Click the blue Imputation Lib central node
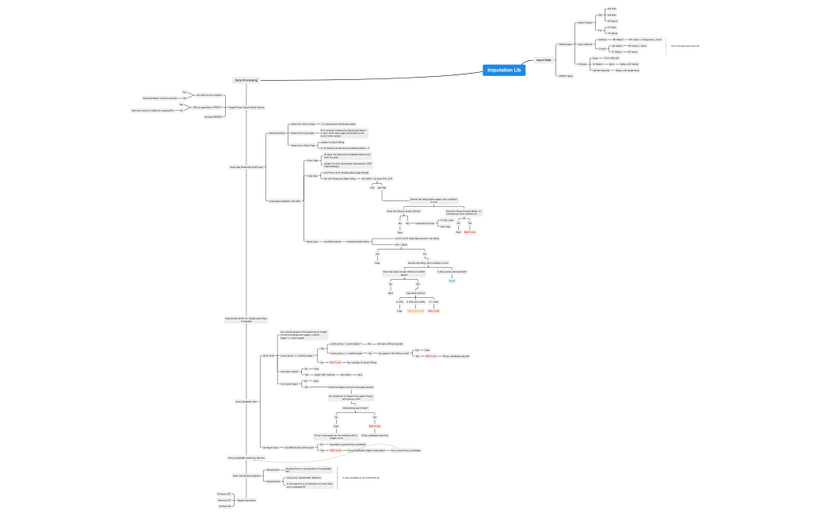click(x=504, y=71)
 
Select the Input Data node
click(x=544, y=60)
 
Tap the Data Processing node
click(x=243, y=80)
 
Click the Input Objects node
click(x=585, y=44)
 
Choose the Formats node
click(x=582, y=64)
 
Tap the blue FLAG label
click(x=452, y=280)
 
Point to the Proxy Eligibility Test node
click(x=247, y=402)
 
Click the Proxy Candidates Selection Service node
click(x=246, y=458)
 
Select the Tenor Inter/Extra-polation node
click(x=246, y=475)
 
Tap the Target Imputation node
click(x=246, y=500)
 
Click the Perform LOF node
click(x=223, y=494)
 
